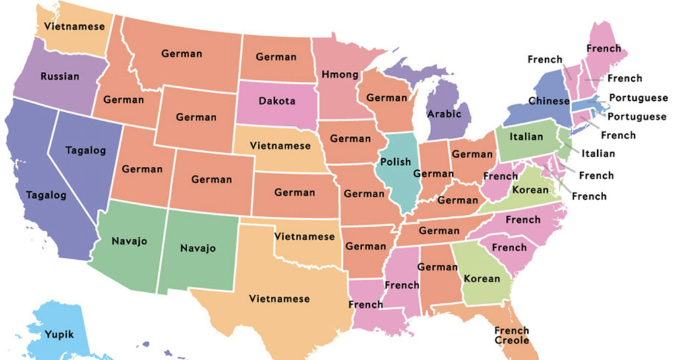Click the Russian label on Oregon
59,76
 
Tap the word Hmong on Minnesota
339,75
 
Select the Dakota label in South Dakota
277,102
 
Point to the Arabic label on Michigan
444,113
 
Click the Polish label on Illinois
396,162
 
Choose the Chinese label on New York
548,102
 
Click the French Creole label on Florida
512,335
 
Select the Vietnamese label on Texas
279,299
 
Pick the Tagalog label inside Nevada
86,150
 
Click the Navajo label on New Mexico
198,249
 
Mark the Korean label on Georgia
482,278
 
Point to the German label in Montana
182,53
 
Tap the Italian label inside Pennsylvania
526,136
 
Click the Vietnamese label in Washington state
74,26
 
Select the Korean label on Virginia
531,190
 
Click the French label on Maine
603,48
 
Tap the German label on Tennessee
439,231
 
